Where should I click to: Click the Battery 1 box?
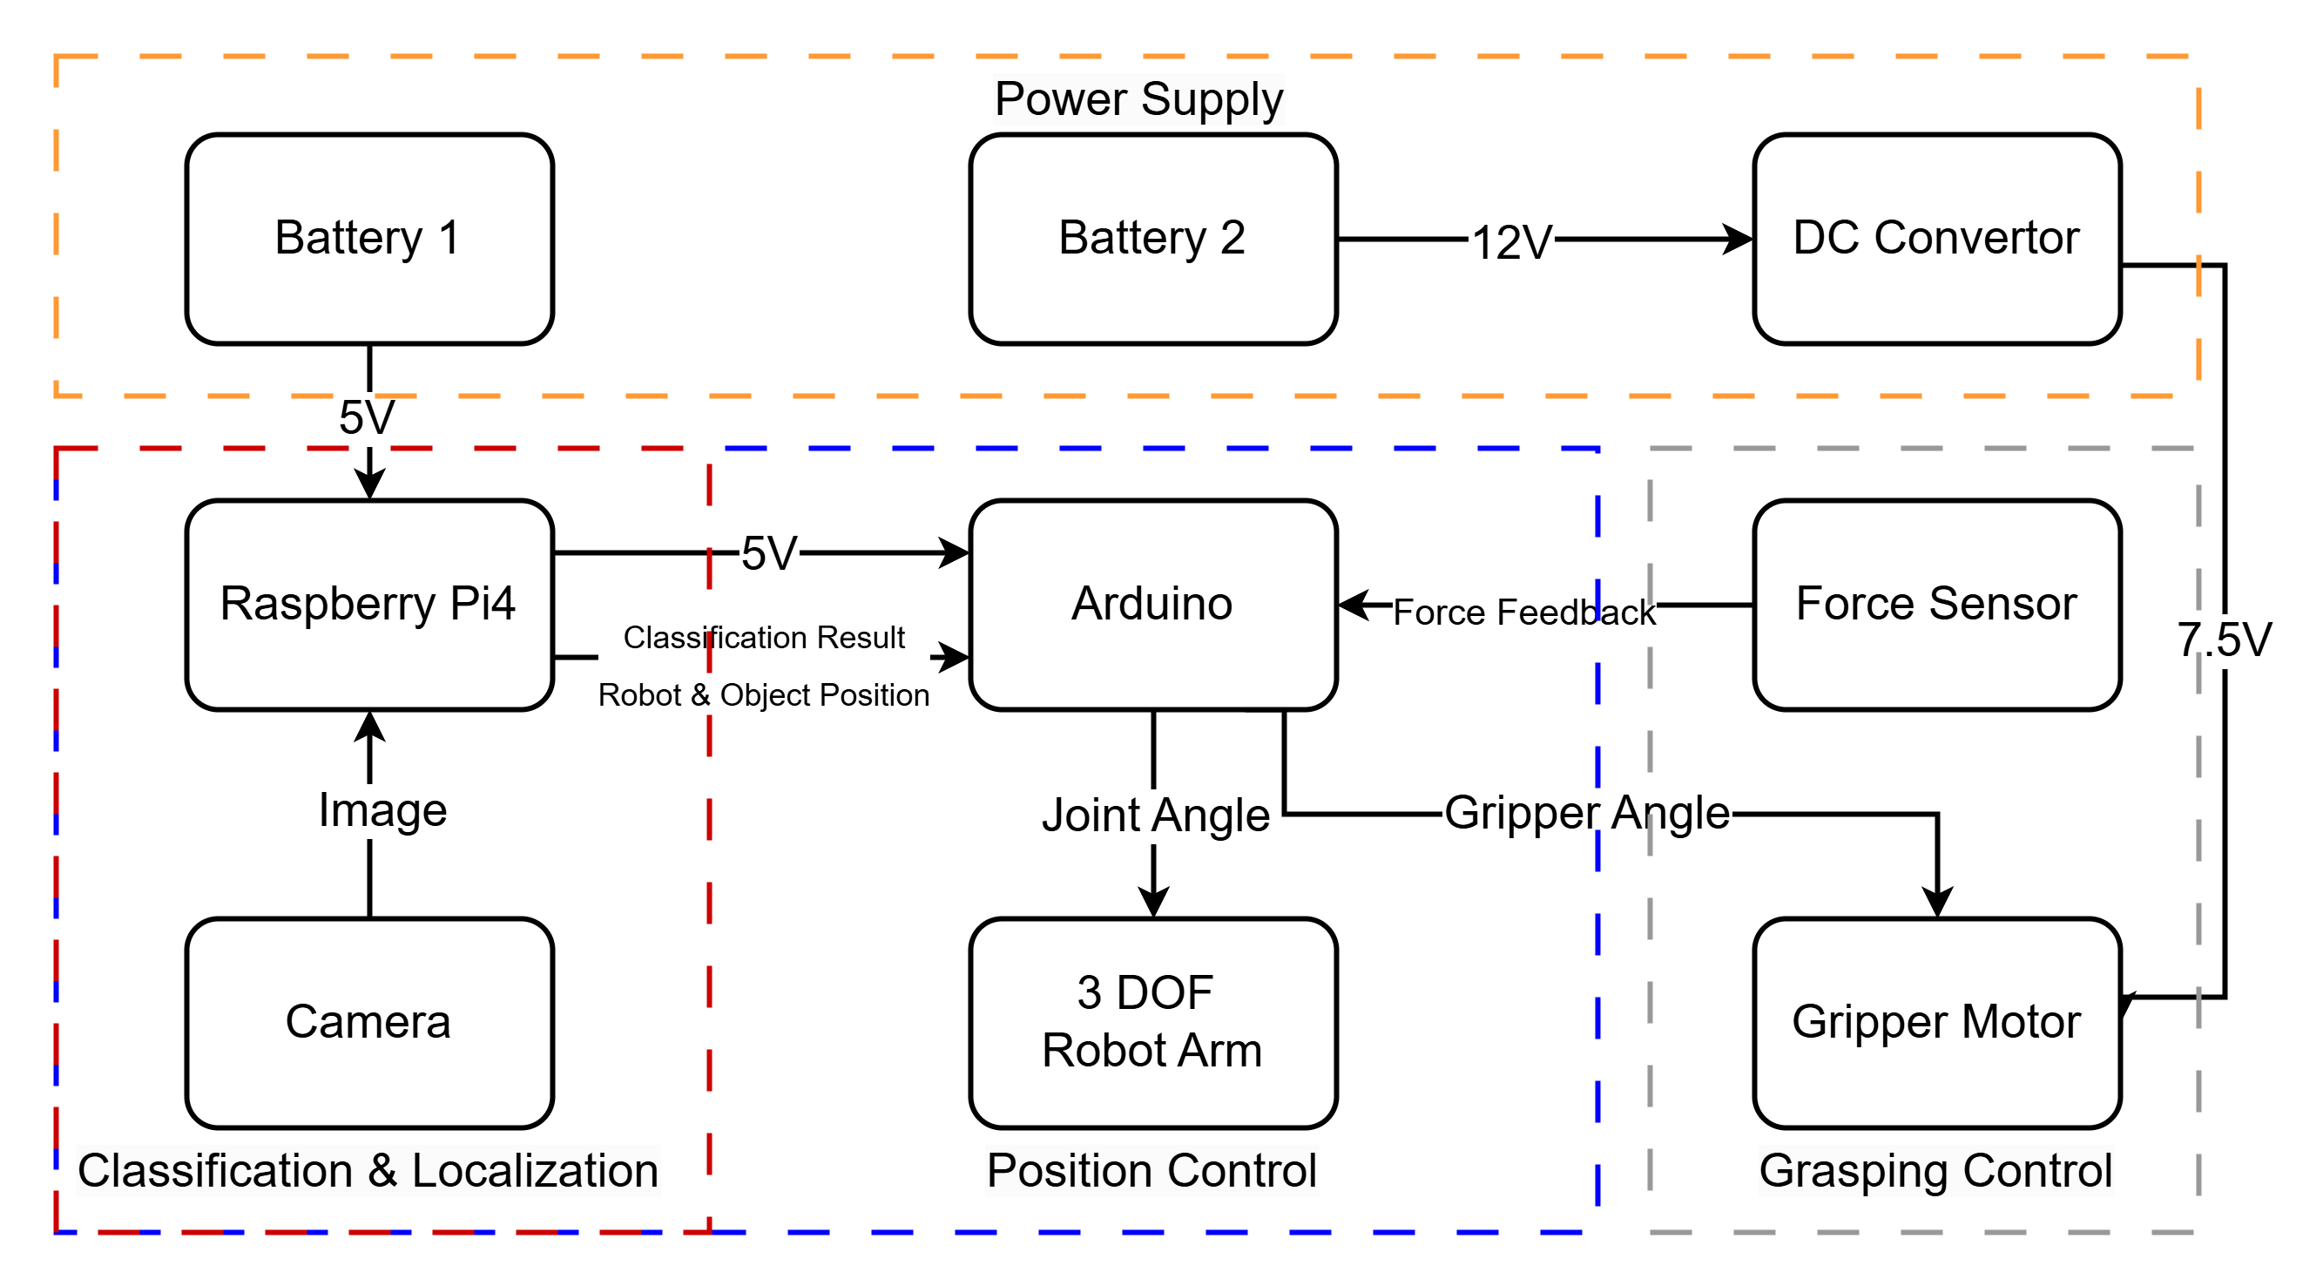[x=368, y=239]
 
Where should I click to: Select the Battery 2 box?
[x=1152, y=239]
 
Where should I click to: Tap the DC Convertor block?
[x=1936, y=239]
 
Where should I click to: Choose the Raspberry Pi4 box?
[x=368, y=604]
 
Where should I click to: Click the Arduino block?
[x=1152, y=604]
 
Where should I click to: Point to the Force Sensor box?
[x=1936, y=604]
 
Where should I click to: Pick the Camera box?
[x=368, y=1023]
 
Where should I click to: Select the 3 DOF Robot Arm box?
[x=1152, y=1023]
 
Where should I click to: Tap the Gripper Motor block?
[x=1936, y=1023]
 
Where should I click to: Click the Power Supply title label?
[x=1138, y=99]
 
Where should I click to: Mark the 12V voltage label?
[x=1510, y=243]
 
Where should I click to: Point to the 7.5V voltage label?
[x=2224, y=640]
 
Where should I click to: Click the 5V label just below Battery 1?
[x=366, y=417]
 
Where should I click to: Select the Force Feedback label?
[x=1523, y=612]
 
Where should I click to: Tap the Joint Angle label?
[x=1155, y=816]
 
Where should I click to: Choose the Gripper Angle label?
[x=1586, y=814]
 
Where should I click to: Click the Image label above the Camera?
[x=382, y=811]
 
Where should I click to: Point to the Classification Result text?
[x=764, y=638]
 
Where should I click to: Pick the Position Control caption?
[x=1151, y=1171]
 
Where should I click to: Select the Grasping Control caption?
[x=1935, y=1171]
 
